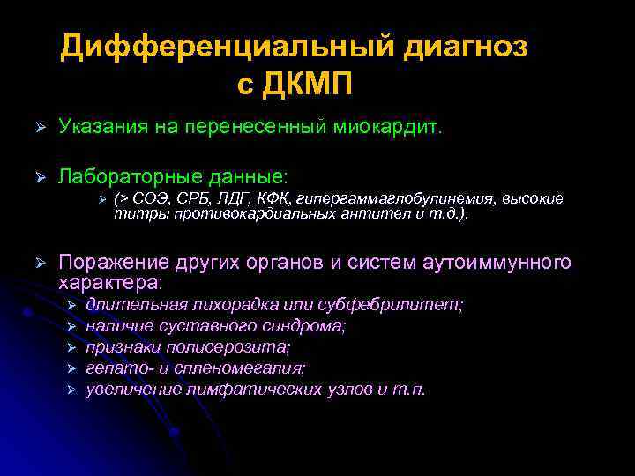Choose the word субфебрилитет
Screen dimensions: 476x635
pyautogui.click(x=413, y=304)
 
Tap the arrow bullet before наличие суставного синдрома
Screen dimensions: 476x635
pyautogui.click(x=73, y=326)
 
